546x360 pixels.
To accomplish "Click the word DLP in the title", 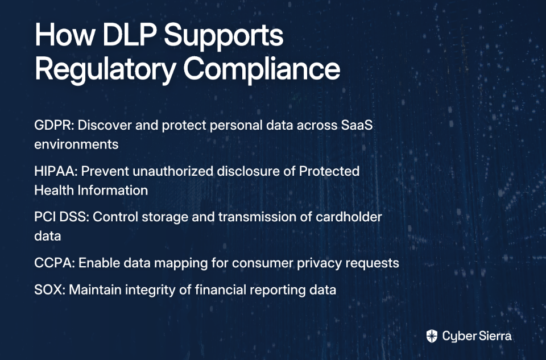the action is (x=129, y=35).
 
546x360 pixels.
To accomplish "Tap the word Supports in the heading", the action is (x=224, y=38).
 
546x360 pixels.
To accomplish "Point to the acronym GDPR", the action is (x=53, y=125).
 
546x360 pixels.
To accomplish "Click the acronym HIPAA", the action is (x=57, y=171).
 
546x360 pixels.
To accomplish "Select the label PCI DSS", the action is (x=61, y=217).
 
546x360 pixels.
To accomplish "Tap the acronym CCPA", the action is (x=54, y=263).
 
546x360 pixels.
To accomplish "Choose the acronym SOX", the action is (x=49, y=289).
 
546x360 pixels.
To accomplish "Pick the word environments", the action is (x=76, y=144).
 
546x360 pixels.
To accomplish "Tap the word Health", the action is (x=54, y=191).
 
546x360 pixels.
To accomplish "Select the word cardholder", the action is (x=349, y=217).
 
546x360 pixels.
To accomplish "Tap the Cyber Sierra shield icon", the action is (x=432, y=336).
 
